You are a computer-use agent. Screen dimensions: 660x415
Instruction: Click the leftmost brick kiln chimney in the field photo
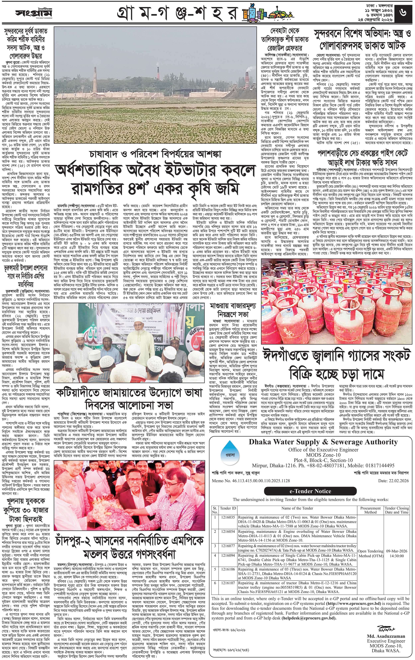coord(95,79)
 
